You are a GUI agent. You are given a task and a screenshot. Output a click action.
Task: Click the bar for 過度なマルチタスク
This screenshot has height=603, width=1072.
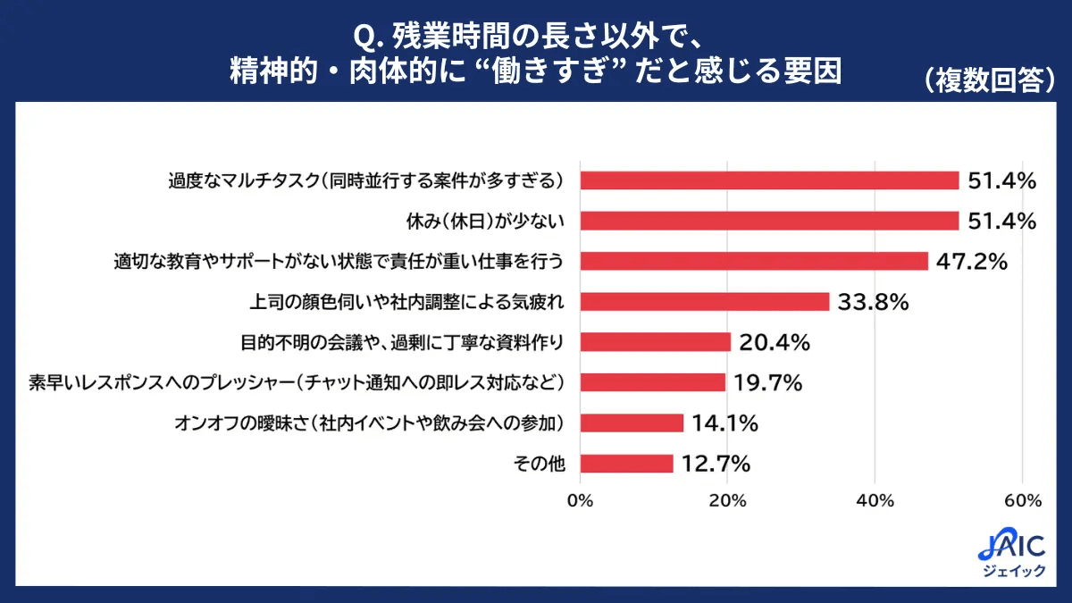pos(769,180)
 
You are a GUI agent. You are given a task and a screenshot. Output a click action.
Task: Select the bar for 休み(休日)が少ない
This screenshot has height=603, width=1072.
pos(769,221)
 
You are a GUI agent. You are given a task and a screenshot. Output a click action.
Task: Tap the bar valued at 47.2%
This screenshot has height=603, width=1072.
pos(754,261)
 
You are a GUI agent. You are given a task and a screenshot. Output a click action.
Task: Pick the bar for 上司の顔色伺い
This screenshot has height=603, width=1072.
pos(705,302)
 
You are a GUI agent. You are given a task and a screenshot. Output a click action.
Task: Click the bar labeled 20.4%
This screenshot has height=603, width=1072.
pos(656,342)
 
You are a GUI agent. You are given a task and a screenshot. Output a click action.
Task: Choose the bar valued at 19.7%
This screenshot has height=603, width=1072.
pos(653,382)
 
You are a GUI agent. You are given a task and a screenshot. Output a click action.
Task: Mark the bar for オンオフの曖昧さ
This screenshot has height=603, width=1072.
pos(632,423)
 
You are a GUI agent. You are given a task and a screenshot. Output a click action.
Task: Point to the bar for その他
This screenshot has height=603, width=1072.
pos(627,464)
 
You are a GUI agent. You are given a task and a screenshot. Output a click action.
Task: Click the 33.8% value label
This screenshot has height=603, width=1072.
pos(873,302)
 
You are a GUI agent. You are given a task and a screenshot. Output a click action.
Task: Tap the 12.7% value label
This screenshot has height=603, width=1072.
pos(715,464)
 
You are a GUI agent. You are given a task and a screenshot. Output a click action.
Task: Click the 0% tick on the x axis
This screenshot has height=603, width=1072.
pos(581,501)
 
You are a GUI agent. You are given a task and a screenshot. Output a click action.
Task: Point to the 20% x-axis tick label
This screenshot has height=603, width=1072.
pos(727,501)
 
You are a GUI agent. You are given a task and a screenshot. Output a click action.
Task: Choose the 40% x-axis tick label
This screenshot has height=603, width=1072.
pos(875,501)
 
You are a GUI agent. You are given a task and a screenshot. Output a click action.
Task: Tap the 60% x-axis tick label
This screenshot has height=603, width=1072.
pos(1022,501)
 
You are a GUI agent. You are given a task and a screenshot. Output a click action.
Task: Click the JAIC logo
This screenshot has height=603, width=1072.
pos(1011,554)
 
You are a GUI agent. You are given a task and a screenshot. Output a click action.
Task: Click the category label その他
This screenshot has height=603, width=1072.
pos(544,464)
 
